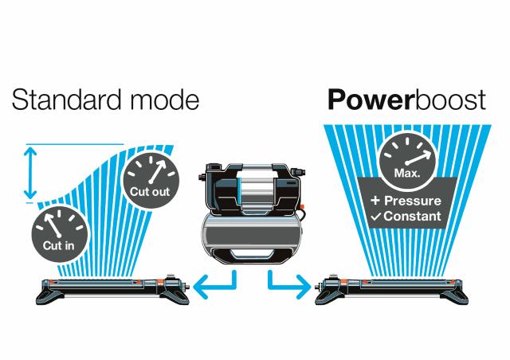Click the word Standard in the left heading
click(67, 101)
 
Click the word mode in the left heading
click(162, 101)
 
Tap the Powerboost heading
click(406, 101)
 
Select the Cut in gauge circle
click(59, 232)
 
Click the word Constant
click(414, 217)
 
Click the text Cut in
click(59, 245)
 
